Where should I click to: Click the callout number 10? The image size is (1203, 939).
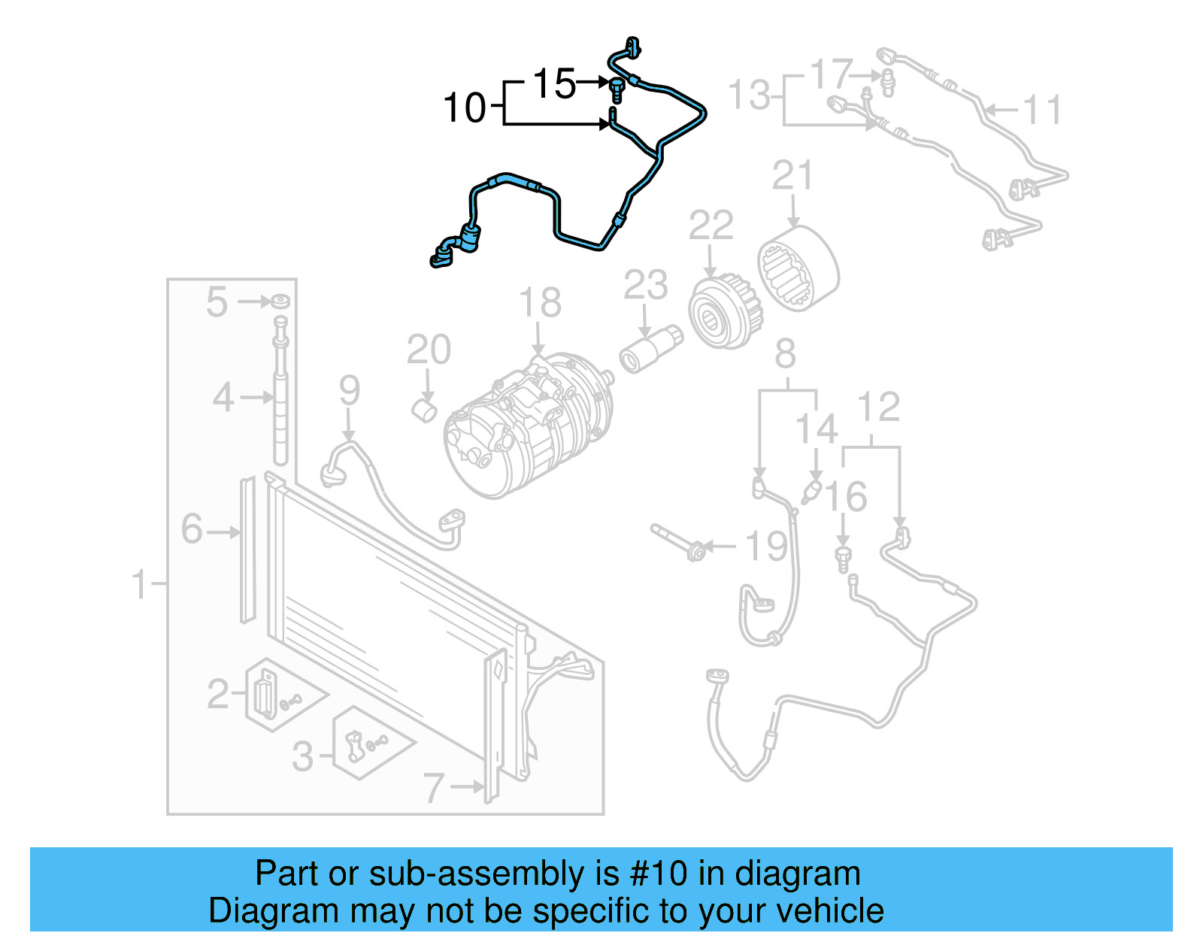click(465, 108)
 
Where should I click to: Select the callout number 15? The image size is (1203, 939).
click(554, 83)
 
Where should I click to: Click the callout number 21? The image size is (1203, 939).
click(792, 176)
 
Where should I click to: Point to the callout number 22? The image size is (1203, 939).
click(711, 226)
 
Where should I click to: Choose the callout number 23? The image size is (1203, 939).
click(645, 286)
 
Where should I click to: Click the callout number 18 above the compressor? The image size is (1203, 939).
click(540, 303)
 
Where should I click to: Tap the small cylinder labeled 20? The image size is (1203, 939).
click(426, 410)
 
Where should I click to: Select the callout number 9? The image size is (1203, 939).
click(350, 391)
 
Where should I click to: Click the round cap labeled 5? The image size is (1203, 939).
click(280, 301)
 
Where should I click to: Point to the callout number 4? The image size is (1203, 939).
click(223, 397)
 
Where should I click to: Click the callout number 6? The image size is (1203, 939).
click(192, 529)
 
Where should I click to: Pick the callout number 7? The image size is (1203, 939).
click(434, 788)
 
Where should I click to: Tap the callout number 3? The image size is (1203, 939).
click(302, 756)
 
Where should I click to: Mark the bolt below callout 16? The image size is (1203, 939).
click(844, 559)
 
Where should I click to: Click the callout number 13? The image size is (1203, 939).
click(750, 96)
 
